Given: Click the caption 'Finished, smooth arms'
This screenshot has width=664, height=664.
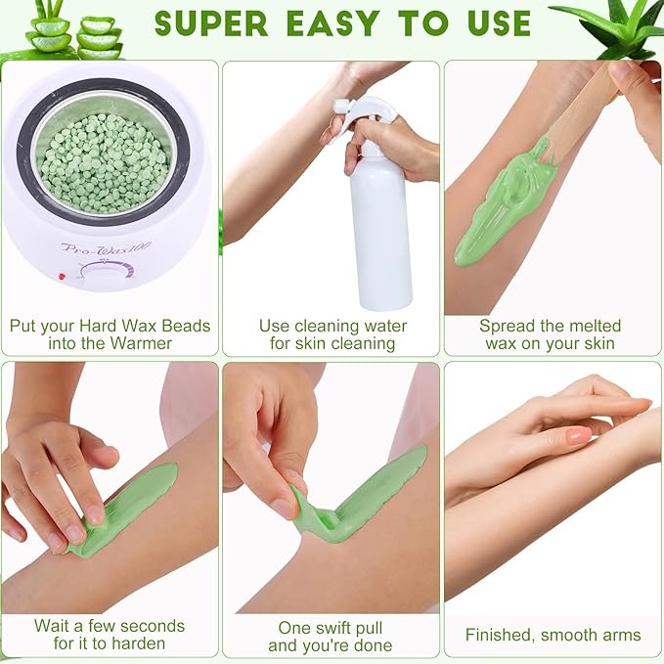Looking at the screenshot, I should [553, 635].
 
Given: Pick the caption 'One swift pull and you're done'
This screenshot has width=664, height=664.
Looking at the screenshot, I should [330, 636].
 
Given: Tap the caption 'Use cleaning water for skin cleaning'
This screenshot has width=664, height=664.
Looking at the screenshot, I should [332, 334].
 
